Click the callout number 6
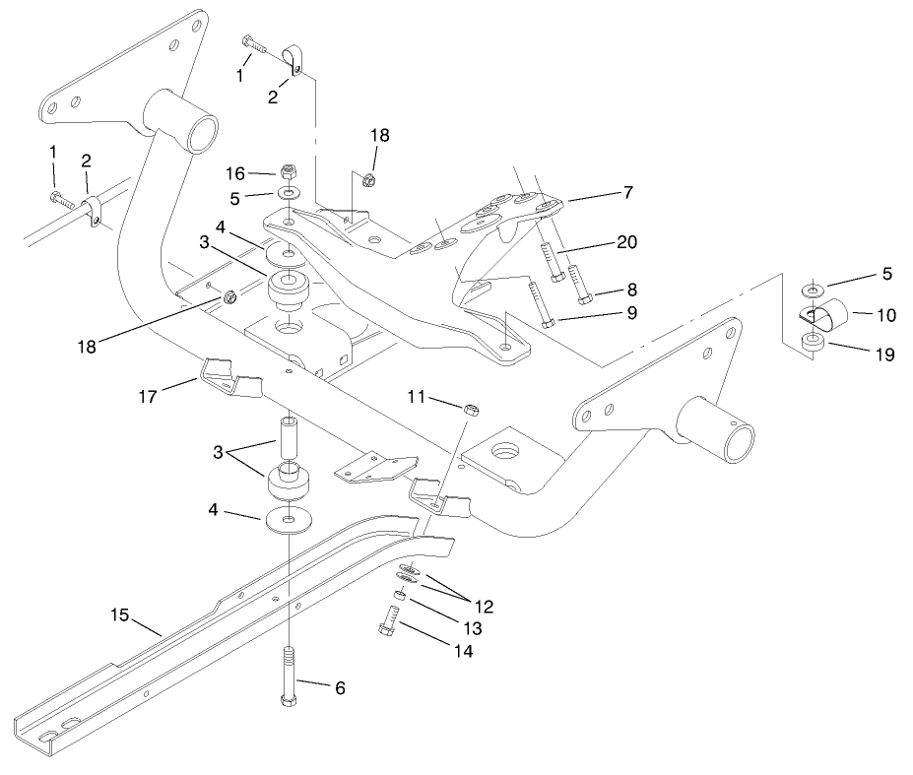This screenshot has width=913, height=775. (340, 689)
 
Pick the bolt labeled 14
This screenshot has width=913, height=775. (388, 621)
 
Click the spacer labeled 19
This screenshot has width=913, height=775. (814, 345)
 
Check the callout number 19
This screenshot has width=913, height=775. (883, 355)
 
